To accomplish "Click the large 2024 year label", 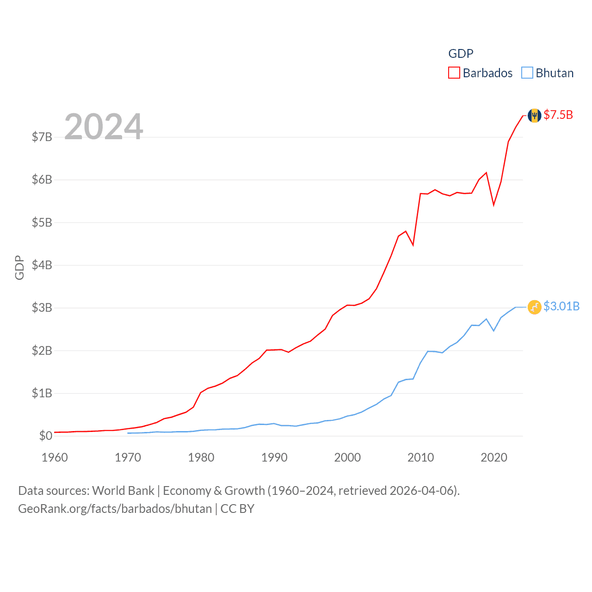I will (104, 126).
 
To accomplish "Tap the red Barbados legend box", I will (454, 73).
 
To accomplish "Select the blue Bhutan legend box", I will (527, 73).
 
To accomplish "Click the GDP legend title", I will (461, 54).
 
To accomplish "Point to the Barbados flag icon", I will (534, 115).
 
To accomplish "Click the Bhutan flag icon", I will (534, 307).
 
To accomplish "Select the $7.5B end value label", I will (558, 115).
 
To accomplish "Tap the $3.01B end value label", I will (561, 307).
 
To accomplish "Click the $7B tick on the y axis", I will (42, 137).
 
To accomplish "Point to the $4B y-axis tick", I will (42, 265).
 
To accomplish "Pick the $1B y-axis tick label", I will (42, 393).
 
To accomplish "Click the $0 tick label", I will (45, 436).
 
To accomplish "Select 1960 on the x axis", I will (55, 458).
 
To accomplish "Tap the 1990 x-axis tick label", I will (274, 458).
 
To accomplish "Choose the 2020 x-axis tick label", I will (494, 458).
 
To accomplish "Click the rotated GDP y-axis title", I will (19, 267).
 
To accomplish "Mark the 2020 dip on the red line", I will (494, 204).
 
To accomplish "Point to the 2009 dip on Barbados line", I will (413, 245).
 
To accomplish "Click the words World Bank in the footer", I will (123, 491).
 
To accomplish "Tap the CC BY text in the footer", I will (237, 509).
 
